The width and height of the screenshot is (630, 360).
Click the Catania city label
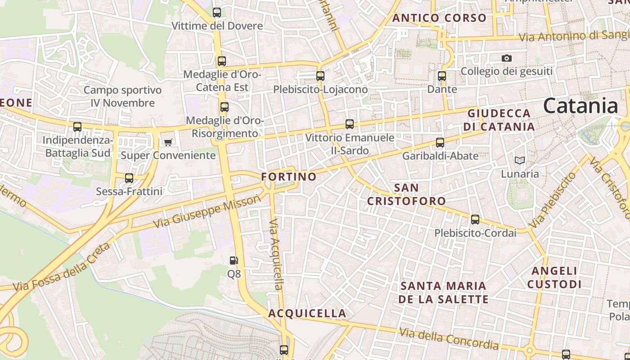coord(580,106)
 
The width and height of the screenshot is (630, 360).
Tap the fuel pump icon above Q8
coord(234,261)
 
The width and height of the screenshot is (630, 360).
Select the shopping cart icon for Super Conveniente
coord(168,143)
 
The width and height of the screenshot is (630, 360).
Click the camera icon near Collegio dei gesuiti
coord(507,58)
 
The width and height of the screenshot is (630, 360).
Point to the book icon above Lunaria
coord(520,160)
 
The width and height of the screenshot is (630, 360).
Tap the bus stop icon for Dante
coord(442,76)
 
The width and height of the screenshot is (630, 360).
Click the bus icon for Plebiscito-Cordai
coord(475,220)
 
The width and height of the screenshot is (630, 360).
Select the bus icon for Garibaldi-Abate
coord(440,143)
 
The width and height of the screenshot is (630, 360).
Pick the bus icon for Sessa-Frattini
coord(129,178)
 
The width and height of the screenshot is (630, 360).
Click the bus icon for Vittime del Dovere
coord(217,13)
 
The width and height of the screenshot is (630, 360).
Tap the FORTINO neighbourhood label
coord(289,177)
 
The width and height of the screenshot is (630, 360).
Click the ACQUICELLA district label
coord(307,313)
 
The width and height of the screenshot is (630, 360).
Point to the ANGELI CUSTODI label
coord(554,278)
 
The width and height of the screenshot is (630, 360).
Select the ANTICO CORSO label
coord(440,18)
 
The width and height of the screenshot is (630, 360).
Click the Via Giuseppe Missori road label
coord(207,211)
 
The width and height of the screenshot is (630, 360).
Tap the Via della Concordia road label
coord(449,339)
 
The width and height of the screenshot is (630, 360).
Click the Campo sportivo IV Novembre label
coord(122,96)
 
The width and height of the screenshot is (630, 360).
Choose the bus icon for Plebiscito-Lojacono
coord(320,76)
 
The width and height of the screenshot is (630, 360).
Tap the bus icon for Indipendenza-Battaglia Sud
coord(77,127)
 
